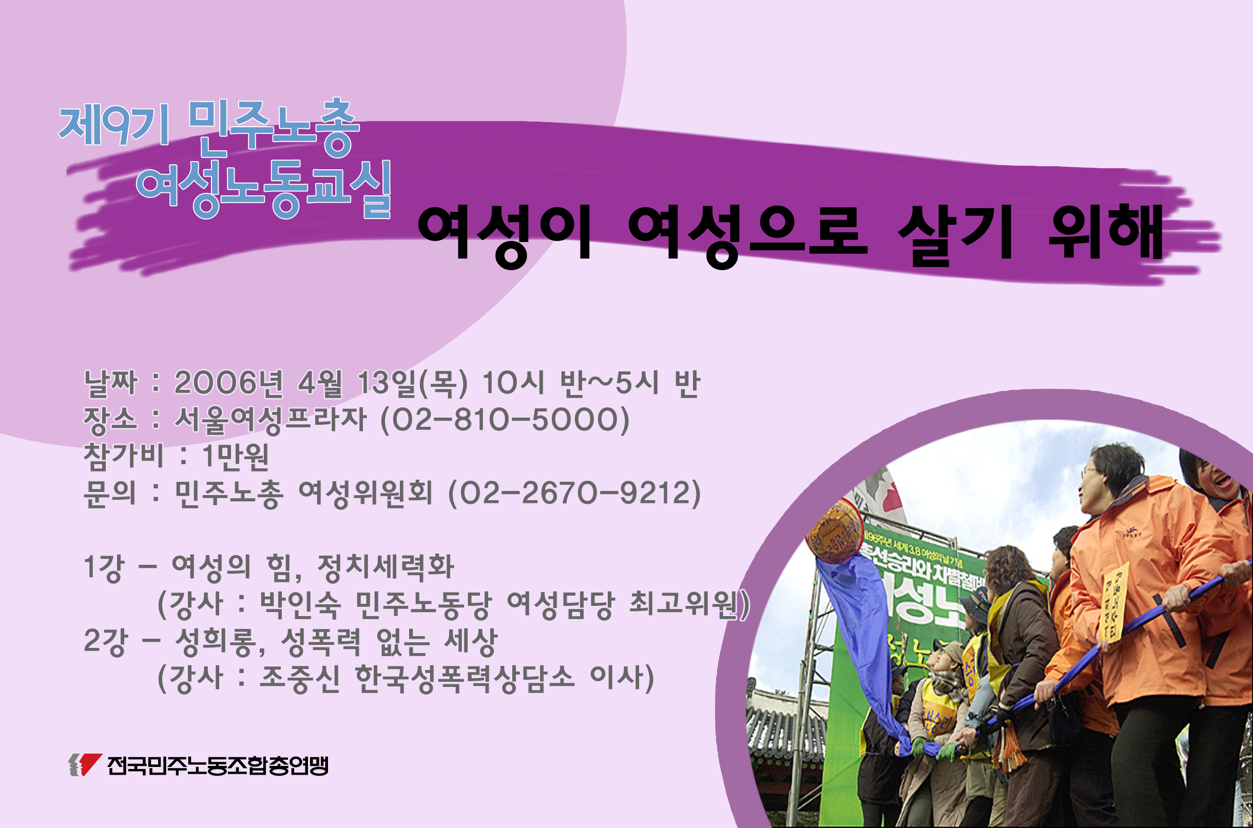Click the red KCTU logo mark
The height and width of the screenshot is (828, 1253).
[86, 764]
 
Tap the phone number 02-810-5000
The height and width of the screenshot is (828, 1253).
[505, 420]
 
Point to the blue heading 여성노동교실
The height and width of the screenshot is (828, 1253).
[264, 189]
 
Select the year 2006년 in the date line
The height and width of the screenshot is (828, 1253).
[228, 382]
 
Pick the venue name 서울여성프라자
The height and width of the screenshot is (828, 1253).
[270, 420]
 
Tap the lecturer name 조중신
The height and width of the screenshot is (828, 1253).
[299, 678]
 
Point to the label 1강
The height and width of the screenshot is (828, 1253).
[104, 568]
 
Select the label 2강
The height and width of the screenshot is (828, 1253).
[106, 642]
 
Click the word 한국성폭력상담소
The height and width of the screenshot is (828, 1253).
[465, 678]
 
